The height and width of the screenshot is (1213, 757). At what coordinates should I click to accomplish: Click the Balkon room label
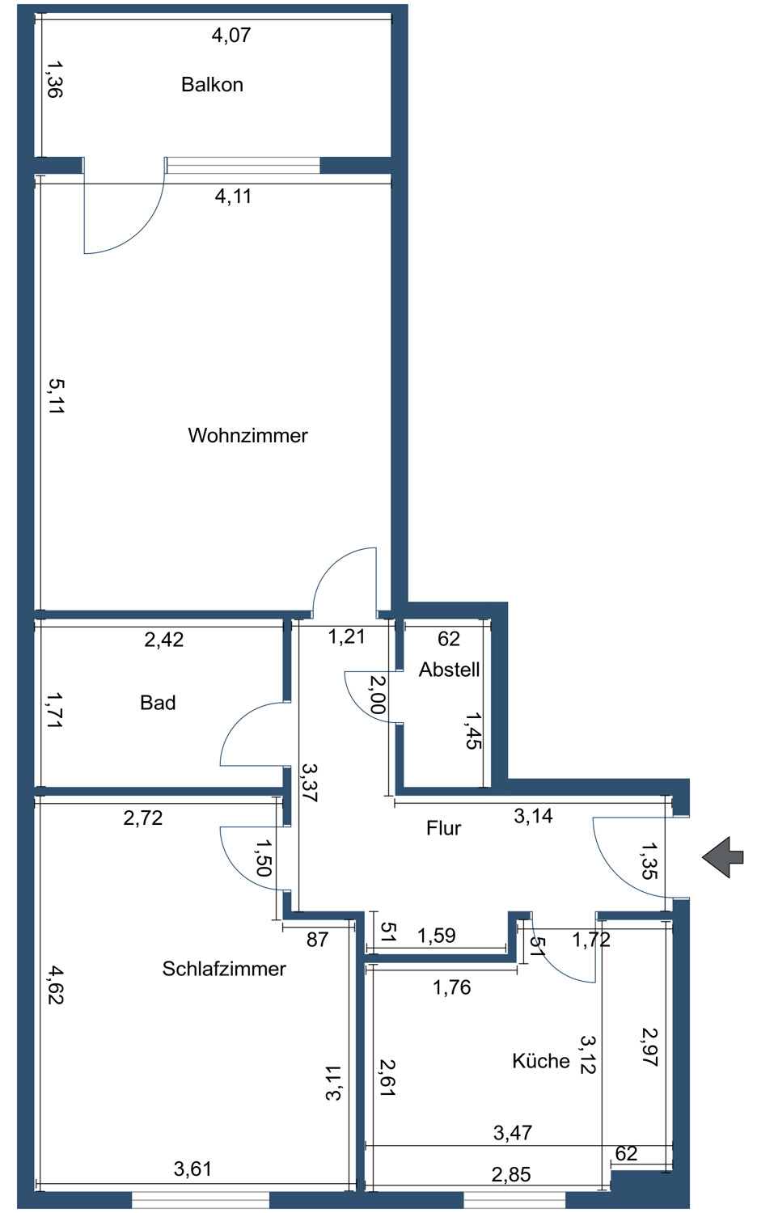[x=212, y=85]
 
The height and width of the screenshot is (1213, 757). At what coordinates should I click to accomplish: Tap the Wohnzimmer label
[x=247, y=436]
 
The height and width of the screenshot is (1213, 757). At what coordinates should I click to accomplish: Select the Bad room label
[x=158, y=703]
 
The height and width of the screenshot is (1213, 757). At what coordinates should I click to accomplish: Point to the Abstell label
[x=449, y=670]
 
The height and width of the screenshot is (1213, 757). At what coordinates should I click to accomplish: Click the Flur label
[x=443, y=828]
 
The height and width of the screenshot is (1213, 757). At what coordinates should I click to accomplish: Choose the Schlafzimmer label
[x=224, y=969]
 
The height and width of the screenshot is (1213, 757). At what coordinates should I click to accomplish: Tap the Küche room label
[x=541, y=1061]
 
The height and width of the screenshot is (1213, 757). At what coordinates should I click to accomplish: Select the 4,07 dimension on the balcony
[x=231, y=35]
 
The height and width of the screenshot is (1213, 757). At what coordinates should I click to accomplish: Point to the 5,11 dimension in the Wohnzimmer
[x=55, y=396]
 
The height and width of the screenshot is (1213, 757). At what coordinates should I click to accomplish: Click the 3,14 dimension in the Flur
[x=533, y=816]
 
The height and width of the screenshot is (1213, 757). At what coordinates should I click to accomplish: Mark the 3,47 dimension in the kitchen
[x=513, y=1133]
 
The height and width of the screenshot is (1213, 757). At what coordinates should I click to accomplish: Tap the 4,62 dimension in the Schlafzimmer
[x=55, y=985]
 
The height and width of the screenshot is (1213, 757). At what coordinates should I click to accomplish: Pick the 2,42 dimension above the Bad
[x=164, y=640]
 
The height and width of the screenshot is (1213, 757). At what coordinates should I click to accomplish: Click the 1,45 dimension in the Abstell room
[x=473, y=730]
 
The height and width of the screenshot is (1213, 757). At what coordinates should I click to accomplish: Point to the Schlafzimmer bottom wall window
[x=200, y=1198]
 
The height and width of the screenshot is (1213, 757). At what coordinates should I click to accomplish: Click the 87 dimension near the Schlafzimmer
[x=317, y=939]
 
